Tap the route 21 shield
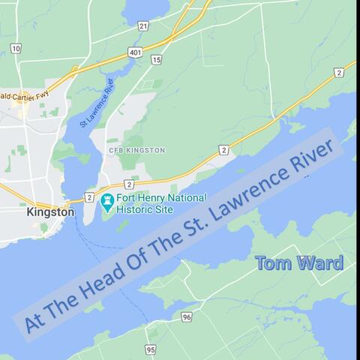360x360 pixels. pyautogui.click(x=142, y=25)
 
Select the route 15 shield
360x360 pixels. pyautogui.click(x=156, y=59)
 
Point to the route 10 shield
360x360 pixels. pyautogui.click(x=16, y=48)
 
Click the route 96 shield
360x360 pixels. pyautogui.click(x=187, y=317)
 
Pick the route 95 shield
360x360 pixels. pyautogui.click(x=151, y=349)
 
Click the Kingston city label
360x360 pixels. pyautogui.click(x=50, y=212)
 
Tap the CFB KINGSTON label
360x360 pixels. pyautogui.click(x=136, y=151)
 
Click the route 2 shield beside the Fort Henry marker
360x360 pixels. pyautogui.click(x=89, y=197)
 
